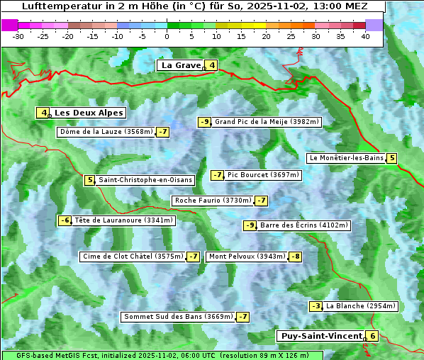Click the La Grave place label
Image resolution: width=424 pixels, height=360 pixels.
181,65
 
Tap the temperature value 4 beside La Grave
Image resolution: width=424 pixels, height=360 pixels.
212,66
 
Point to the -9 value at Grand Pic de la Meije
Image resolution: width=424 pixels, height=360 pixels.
205,122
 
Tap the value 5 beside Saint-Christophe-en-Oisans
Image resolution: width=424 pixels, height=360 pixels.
89,180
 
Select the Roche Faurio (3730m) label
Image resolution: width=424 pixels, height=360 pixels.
213,201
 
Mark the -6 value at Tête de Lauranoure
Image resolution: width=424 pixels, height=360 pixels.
65,220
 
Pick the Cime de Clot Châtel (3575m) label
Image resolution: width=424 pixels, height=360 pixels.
133,257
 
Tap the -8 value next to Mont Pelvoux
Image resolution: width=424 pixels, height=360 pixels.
295,257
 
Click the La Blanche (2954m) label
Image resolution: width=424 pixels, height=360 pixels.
360,306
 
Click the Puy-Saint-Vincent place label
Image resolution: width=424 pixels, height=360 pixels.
321,336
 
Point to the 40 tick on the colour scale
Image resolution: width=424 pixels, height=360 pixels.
365,36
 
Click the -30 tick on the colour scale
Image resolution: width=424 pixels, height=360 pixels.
18,36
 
